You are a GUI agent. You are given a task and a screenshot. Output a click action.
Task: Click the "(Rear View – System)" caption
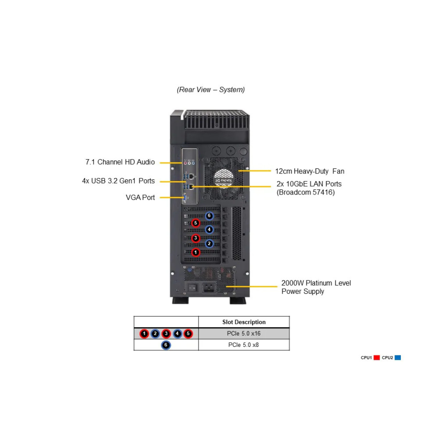coord(210,90)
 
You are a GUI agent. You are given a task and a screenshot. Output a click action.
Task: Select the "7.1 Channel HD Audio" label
coord(120,162)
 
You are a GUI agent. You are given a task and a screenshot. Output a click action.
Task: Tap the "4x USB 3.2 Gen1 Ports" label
coord(118,181)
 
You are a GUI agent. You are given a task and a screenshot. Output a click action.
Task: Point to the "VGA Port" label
coord(140,197)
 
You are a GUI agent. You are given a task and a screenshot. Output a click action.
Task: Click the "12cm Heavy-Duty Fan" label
coord(310,171)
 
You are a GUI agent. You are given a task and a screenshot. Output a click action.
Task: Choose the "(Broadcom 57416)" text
coord(306,193)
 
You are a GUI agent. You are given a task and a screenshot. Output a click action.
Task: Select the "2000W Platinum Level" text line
coord(316,283)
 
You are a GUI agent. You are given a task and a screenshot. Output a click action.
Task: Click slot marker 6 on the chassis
coord(209,216)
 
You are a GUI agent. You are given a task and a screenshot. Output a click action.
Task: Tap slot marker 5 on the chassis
coord(195,223)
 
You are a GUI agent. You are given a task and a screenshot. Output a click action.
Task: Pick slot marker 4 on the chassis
coord(209,229)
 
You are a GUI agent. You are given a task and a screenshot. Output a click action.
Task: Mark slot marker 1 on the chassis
coord(195,252)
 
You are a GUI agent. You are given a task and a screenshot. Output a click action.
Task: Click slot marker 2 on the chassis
coord(209,243)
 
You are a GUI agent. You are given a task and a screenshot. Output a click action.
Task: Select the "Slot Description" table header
coord(244,322)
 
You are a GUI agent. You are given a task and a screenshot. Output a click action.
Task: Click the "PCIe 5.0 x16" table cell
coord(244,333)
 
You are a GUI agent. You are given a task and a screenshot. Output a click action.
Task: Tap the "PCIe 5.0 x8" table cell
coord(244,345)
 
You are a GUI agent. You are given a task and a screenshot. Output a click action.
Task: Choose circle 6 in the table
coord(166,345)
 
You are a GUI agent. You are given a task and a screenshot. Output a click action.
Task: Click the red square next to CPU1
coord(376,358)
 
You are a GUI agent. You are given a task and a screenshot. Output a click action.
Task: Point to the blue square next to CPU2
coord(397,358)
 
